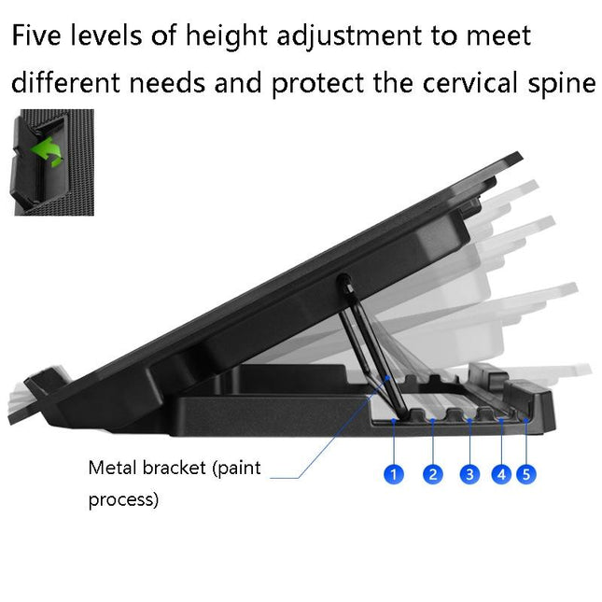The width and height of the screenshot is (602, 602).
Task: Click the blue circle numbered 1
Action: (394, 474)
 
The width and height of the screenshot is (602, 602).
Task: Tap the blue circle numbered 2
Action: (432, 474)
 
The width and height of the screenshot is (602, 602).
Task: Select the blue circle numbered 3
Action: (469, 474)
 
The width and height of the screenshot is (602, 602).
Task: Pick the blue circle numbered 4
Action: (502, 474)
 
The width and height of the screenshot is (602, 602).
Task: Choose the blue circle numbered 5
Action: (526, 474)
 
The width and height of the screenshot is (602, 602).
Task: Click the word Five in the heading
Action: (41, 36)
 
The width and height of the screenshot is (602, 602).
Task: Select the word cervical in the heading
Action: (467, 83)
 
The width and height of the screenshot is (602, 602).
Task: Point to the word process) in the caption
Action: (123, 500)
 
